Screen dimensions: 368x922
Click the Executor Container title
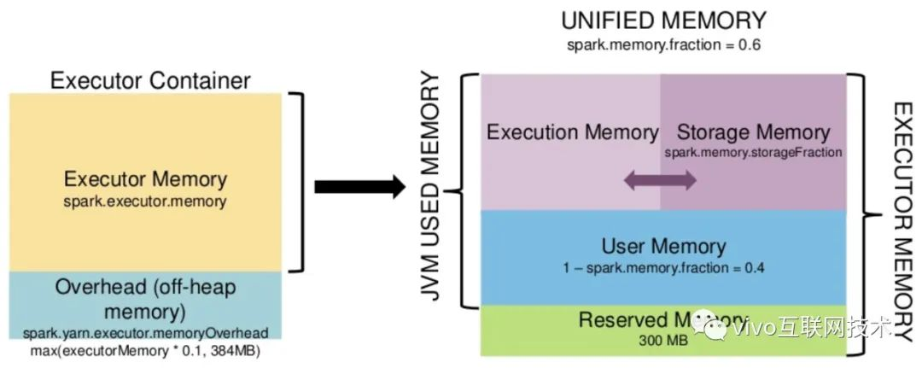click(150, 81)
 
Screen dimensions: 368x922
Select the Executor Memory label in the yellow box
click(146, 179)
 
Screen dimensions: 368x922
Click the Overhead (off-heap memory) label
click(146, 298)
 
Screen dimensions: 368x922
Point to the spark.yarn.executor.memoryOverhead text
click(146, 333)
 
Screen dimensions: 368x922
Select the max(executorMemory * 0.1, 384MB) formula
click(146, 350)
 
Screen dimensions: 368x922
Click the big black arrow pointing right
click(358, 187)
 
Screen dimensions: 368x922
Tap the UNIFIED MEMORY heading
click(662, 20)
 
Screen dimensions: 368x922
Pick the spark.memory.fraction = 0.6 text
click(662, 44)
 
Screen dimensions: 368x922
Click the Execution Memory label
click(572, 132)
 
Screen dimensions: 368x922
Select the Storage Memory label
click(752, 132)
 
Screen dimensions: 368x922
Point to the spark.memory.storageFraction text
click(752, 151)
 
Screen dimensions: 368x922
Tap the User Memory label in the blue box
click(663, 247)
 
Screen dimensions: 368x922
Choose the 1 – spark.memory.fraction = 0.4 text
click(663, 268)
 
